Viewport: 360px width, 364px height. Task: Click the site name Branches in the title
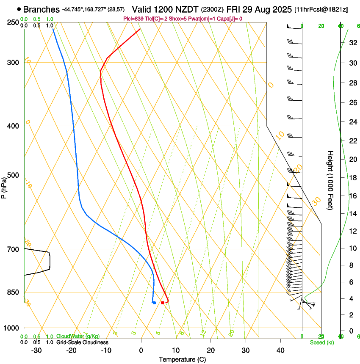41,9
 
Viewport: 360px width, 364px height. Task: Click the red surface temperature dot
163,303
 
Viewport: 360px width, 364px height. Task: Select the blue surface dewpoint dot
154,303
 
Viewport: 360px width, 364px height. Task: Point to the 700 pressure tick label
13,249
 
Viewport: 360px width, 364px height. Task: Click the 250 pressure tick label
13,22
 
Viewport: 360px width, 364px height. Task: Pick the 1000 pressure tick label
11,328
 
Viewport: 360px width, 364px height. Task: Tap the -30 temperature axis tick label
36,350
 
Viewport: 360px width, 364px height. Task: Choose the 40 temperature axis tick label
280,350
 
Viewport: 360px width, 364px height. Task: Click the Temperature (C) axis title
182,359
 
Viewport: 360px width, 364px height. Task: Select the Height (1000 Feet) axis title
330,180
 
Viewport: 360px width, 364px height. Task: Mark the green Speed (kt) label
322,342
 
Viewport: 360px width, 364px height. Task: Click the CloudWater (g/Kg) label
78,336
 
